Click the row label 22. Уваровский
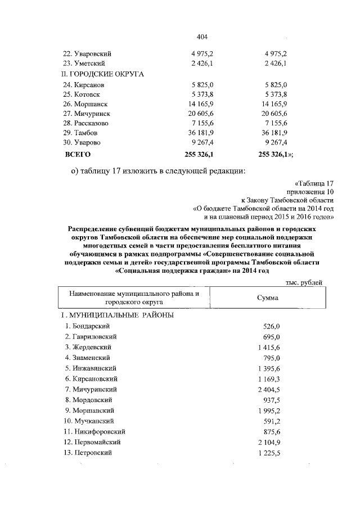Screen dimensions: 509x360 (85, 53)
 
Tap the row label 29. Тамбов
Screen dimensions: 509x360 (81, 132)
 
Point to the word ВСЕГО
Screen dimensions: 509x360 (78, 153)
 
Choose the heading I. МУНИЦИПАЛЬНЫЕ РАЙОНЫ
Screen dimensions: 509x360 (116, 315)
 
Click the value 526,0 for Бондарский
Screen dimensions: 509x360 (272, 326)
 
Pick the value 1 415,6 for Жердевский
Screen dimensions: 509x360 (268, 347)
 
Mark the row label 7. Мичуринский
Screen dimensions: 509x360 (91, 389)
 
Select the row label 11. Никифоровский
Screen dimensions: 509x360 (94, 431)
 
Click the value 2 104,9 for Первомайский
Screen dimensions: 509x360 (268, 442)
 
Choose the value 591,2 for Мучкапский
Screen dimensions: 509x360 (272, 421)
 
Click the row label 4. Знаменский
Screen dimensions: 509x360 (88, 358)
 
